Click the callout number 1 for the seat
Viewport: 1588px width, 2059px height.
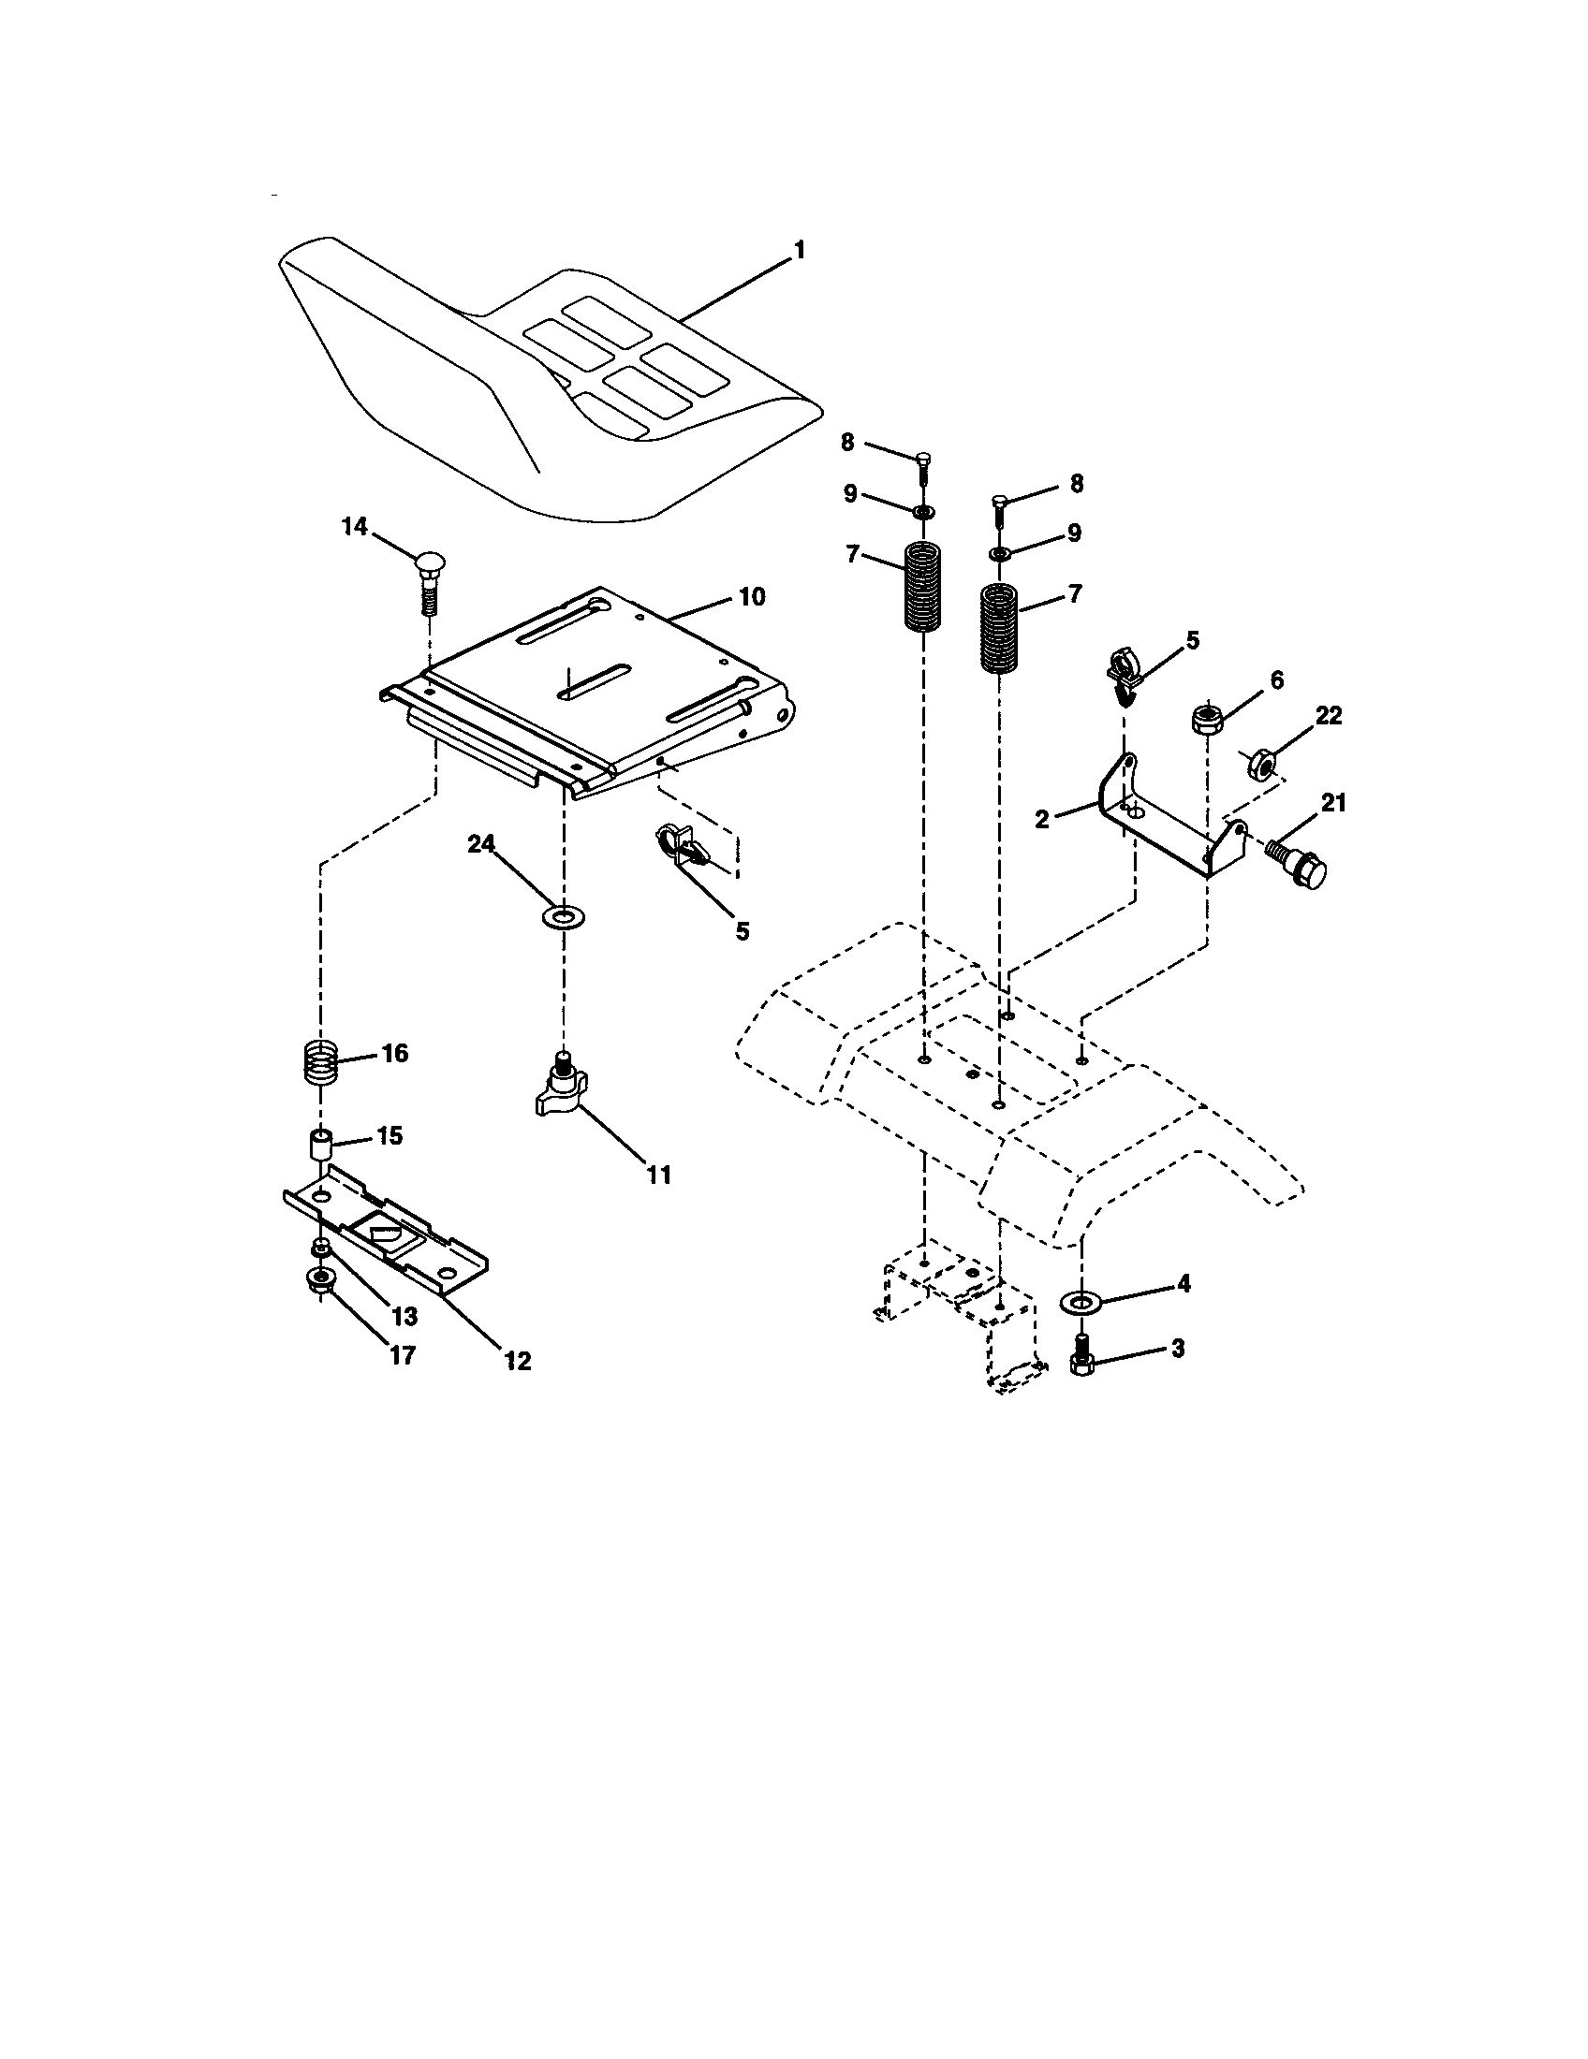(800, 251)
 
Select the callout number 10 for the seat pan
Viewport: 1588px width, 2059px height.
(753, 597)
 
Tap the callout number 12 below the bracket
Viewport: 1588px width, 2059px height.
(518, 1361)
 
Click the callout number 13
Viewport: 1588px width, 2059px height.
(404, 1316)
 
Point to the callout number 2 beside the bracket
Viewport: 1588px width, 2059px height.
(1041, 819)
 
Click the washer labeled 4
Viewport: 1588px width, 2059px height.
(1081, 1303)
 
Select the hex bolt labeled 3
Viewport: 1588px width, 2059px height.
(1081, 1358)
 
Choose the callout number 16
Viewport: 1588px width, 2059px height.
(394, 1053)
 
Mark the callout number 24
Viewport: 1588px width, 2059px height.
(482, 846)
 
